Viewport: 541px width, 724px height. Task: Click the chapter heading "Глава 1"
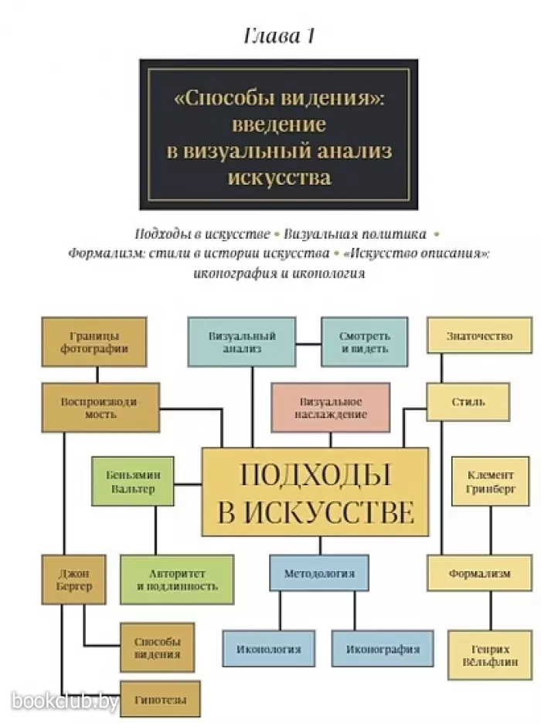click(279, 36)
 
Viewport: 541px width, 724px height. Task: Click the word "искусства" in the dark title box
click(280, 178)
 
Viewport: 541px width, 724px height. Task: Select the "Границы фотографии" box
click(94, 342)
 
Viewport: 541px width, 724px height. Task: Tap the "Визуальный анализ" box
click(242, 342)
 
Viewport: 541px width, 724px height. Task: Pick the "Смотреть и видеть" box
click(365, 342)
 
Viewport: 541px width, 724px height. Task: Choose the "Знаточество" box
click(479, 335)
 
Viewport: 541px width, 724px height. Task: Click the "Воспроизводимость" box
click(100, 408)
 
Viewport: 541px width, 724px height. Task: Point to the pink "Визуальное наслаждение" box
click(330, 408)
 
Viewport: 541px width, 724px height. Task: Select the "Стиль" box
click(468, 402)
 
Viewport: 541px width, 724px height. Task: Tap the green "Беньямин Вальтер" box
click(133, 481)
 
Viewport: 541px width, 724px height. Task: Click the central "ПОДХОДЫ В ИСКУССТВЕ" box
click(315, 491)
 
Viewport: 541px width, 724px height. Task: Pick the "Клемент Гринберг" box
click(490, 481)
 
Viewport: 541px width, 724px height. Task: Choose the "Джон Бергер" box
click(74, 580)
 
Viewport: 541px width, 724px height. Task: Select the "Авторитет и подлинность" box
click(177, 580)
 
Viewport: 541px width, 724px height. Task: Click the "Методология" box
click(319, 573)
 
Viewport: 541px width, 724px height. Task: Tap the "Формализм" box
click(479, 573)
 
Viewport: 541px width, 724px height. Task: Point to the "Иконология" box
click(268, 649)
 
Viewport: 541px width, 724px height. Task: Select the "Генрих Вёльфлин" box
click(490, 656)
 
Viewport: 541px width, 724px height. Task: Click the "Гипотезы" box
click(160, 699)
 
